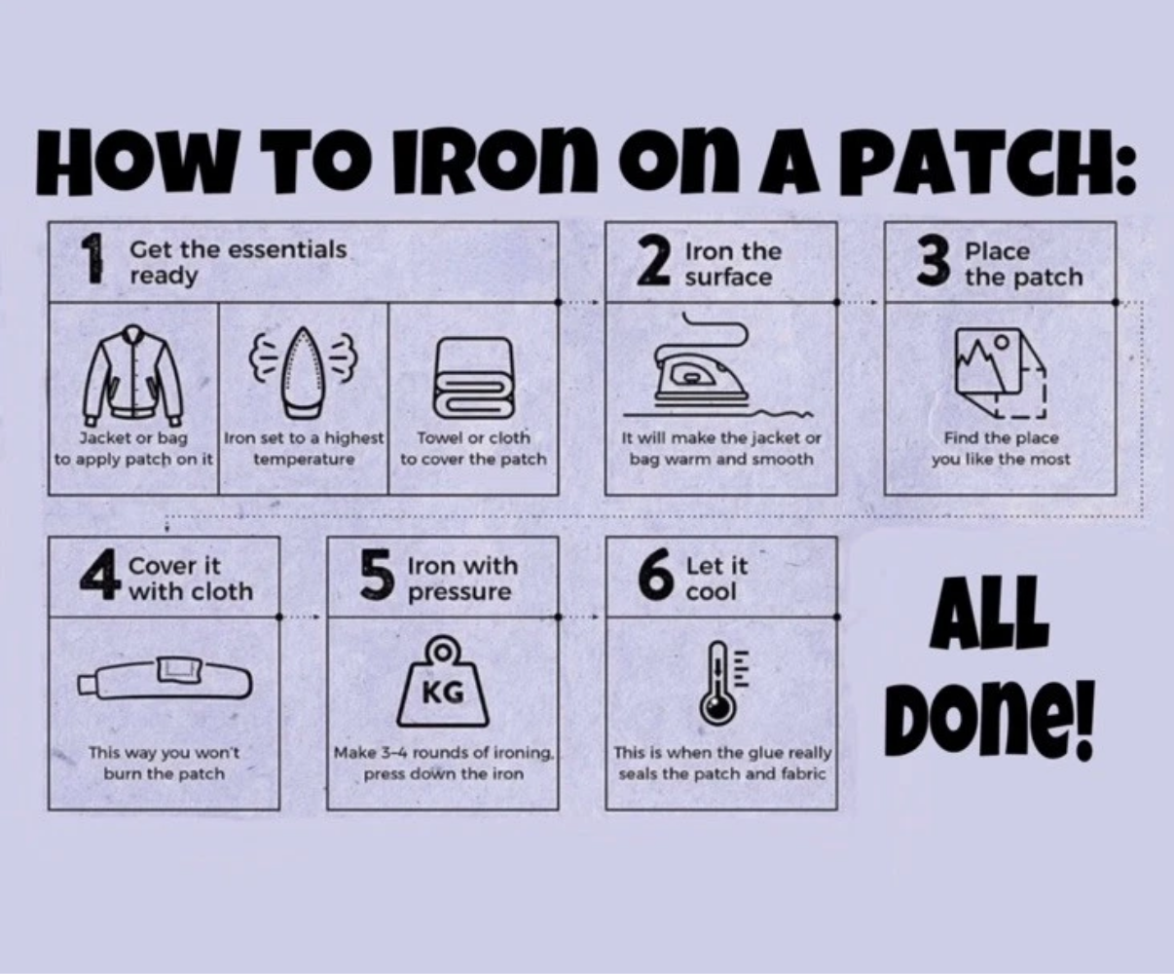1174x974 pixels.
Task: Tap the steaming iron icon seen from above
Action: tap(304, 372)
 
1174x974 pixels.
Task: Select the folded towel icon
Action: tap(473, 378)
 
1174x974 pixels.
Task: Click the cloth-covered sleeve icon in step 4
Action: tap(165, 679)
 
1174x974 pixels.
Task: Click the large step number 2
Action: tap(654, 261)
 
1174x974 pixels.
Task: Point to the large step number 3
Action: tap(933, 261)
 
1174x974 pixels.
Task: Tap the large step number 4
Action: tap(100, 577)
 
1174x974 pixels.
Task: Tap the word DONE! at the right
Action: tap(989, 720)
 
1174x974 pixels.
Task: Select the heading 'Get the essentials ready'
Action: tap(238, 262)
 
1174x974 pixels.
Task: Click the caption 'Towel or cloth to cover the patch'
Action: tap(473, 448)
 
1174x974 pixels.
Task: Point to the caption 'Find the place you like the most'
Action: tap(1001, 448)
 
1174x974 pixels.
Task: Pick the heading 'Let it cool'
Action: tap(716, 579)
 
